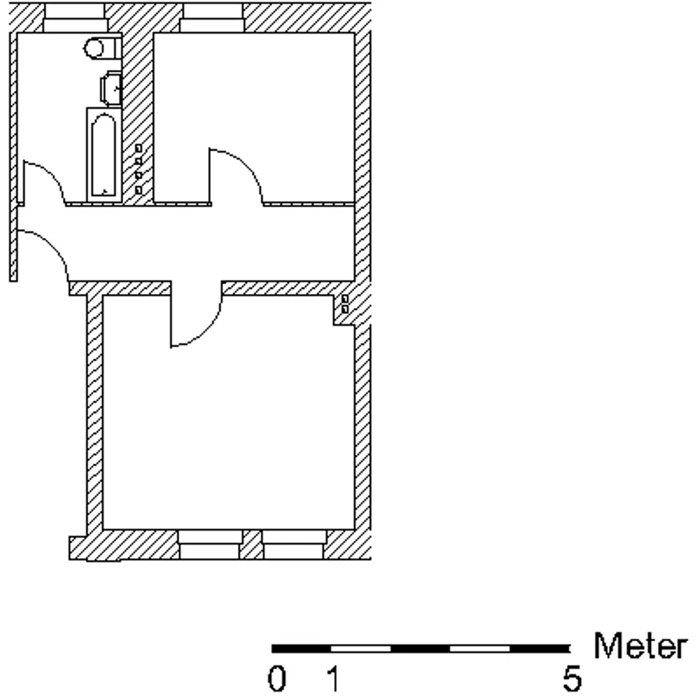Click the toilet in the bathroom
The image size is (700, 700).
click(102, 48)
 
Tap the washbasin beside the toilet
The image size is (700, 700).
click(111, 88)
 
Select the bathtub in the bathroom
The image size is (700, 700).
click(104, 155)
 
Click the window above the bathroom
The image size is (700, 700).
click(75, 18)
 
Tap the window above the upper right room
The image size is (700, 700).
click(212, 18)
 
